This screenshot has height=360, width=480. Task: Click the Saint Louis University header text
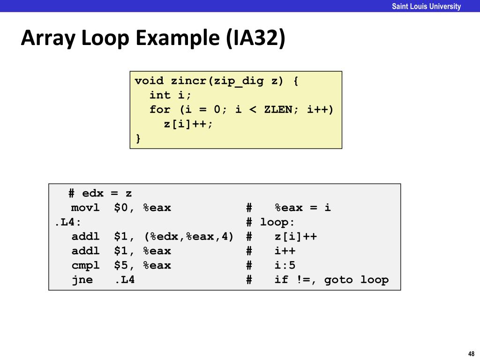point(427,6)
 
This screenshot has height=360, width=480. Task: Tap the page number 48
point(471,353)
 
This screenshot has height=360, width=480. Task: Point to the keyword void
point(149,81)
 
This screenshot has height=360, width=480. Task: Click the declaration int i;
point(171,95)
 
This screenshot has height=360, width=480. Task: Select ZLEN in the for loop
point(278,110)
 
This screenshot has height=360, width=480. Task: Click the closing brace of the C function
point(138,138)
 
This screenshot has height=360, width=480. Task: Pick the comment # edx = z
point(100,193)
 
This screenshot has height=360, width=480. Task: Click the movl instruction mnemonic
point(85,208)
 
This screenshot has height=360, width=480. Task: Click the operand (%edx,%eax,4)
point(188,237)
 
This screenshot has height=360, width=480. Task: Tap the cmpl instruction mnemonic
point(85,265)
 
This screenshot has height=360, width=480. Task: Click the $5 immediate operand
point(121,265)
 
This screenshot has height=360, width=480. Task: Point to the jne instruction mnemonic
point(82,280)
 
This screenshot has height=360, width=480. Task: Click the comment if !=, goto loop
point(331,280)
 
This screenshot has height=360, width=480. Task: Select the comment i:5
point(285,265)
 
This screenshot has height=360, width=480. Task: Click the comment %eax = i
point(303,208)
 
